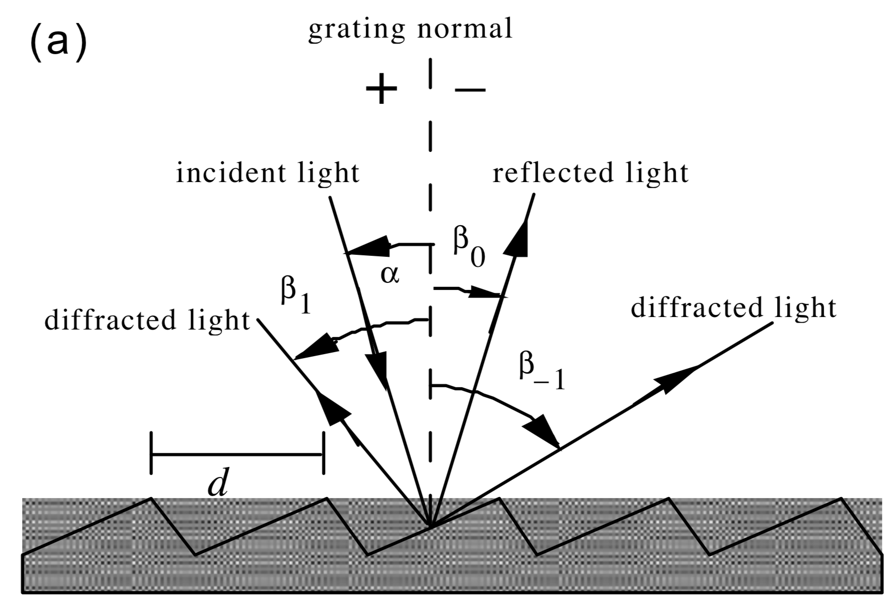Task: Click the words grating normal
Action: (410, 29)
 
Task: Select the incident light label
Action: (268, 173)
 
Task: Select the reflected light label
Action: (590, 173)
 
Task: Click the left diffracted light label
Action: (147, 320)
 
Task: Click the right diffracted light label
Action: (733, 308)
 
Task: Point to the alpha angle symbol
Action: (390, 274)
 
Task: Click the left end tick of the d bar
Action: (151, 454)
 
